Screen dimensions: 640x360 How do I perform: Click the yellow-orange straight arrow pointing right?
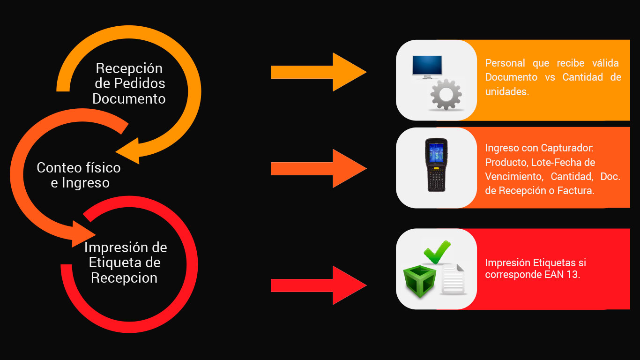(x=319, y=72)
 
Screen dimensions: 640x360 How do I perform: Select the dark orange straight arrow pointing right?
(x=319, y=168)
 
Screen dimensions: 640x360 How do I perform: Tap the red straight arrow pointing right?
(x=319, y=285)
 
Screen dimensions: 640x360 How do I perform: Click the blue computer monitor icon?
(x=427, y=67)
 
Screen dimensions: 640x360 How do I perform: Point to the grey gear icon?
(x=446, y=95)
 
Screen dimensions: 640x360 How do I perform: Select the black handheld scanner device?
(x=436, y=165)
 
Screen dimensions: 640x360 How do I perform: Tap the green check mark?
(x=437, y=252)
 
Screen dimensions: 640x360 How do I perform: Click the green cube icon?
(x=419, y=281)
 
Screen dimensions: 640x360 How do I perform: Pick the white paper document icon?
(x=453, y=279)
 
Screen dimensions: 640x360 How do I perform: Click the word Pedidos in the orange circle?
(x=140, y=83)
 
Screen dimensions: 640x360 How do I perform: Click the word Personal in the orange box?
(x=505, y=63)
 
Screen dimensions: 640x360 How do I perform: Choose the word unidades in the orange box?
(x=507, y=91)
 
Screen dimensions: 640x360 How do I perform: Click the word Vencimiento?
(x=514, y=176)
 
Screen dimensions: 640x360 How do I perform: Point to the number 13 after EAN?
(x=573, y=275)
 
